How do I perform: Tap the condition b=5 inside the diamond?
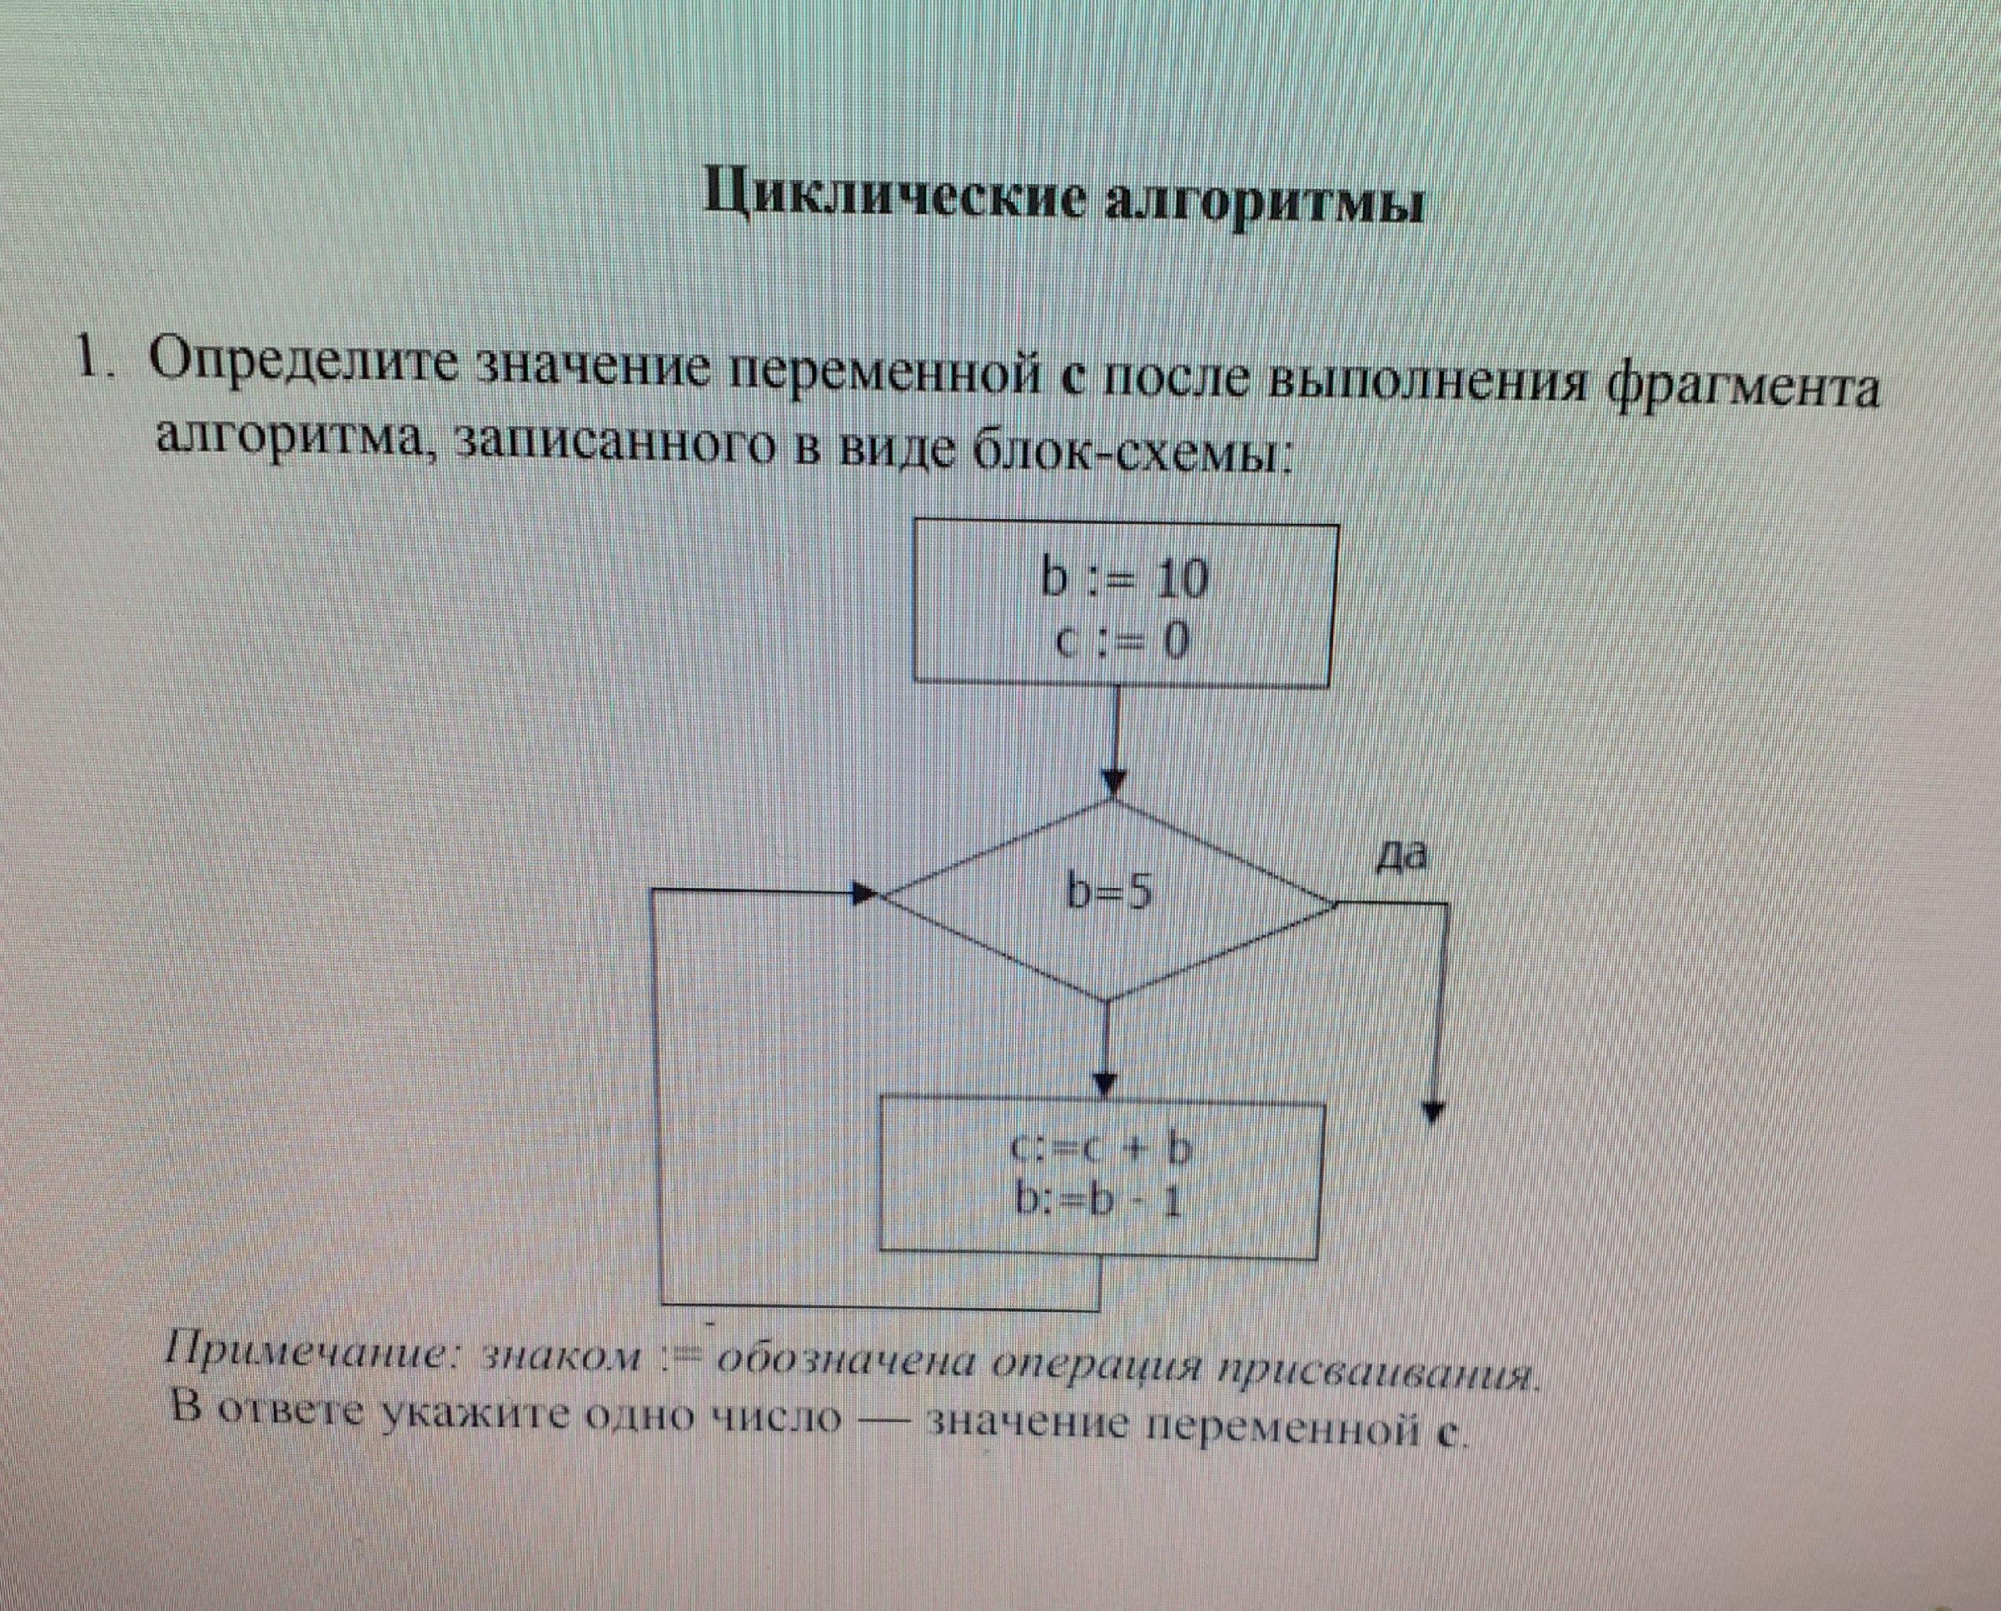[1110, 893]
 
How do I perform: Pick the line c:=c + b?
[1101, 1151]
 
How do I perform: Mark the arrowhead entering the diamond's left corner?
[864, 894]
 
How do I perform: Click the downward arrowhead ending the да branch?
[1435, 1111]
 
